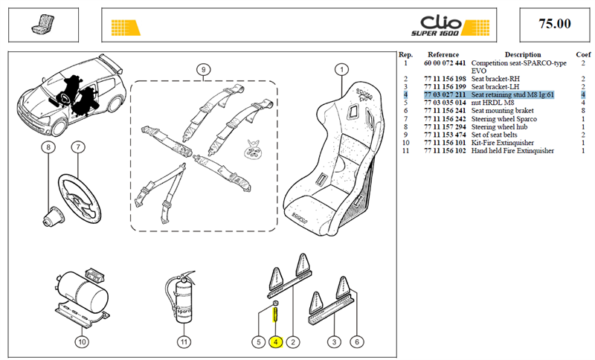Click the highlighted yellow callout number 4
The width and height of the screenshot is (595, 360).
[x=276, y=342]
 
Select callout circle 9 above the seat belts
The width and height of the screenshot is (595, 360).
[x=203, y=69]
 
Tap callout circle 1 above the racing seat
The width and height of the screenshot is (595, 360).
[x=342, y=69]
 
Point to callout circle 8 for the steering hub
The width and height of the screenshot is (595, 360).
[x=48, y=147]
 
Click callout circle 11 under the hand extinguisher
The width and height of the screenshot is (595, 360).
[x=184, y=342]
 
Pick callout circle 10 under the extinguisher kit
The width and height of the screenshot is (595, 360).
[x=82, y=342]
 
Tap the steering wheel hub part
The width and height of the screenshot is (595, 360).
[x=53, y=217]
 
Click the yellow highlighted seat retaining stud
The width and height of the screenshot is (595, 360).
[x=275, y=315]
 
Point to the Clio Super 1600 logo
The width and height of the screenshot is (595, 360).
[x=451, y=26]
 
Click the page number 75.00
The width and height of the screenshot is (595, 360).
[x=554, y=24]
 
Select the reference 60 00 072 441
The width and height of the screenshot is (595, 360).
[x=445, y=63]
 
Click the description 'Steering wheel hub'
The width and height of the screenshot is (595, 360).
[x=499, y=126]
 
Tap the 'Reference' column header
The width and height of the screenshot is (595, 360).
[x=443, y=54]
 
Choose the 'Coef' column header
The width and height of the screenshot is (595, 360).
[x=583, y=54]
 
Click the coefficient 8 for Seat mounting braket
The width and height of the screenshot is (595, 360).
[x=583, y=110]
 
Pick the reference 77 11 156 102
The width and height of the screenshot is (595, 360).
[x=445, y=150]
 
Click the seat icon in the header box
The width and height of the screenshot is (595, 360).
[x=43, y=25]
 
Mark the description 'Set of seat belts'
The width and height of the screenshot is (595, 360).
[x=494, y=135]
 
